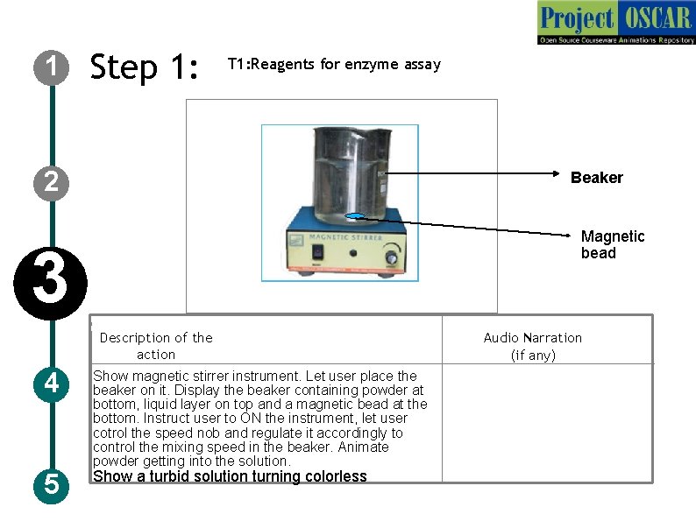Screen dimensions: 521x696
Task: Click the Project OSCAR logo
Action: tap(616, 23)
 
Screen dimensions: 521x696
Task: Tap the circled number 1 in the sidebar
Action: tap(52, 67)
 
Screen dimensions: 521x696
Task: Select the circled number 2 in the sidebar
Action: tap(52, 182)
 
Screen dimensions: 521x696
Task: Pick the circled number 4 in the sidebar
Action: tap(52, 384)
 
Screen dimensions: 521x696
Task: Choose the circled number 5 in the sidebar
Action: tap(52, 484)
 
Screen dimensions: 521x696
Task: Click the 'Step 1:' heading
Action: tap(146, 67)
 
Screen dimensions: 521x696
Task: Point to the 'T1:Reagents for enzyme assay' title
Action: tap(334, 64)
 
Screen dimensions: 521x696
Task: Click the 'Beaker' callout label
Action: tap(596, 178)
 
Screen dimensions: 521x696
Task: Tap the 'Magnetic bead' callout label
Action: tap(612, 244)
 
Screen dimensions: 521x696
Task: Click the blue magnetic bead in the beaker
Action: tap(356, 216)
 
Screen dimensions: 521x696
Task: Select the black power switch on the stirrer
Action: tap(317, 254)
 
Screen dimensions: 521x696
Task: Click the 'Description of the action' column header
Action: tap(155, 346)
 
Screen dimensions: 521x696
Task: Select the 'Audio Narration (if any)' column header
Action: tap(532, 346)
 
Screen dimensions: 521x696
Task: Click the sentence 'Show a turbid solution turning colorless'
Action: tap(230, 477)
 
